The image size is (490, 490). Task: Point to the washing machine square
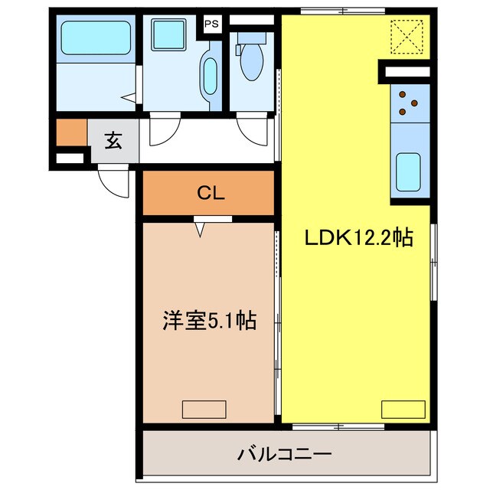pyautogui.click(x=165, y=35)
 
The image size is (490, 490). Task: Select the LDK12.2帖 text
pyautogui.click(x=359, y=238)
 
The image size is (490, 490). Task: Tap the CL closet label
pyautogui.click(x=210, y=194)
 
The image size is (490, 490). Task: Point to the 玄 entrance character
pyautogui.click(x=113, y=141)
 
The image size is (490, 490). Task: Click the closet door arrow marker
pyautogui.click(x=201, y=228)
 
